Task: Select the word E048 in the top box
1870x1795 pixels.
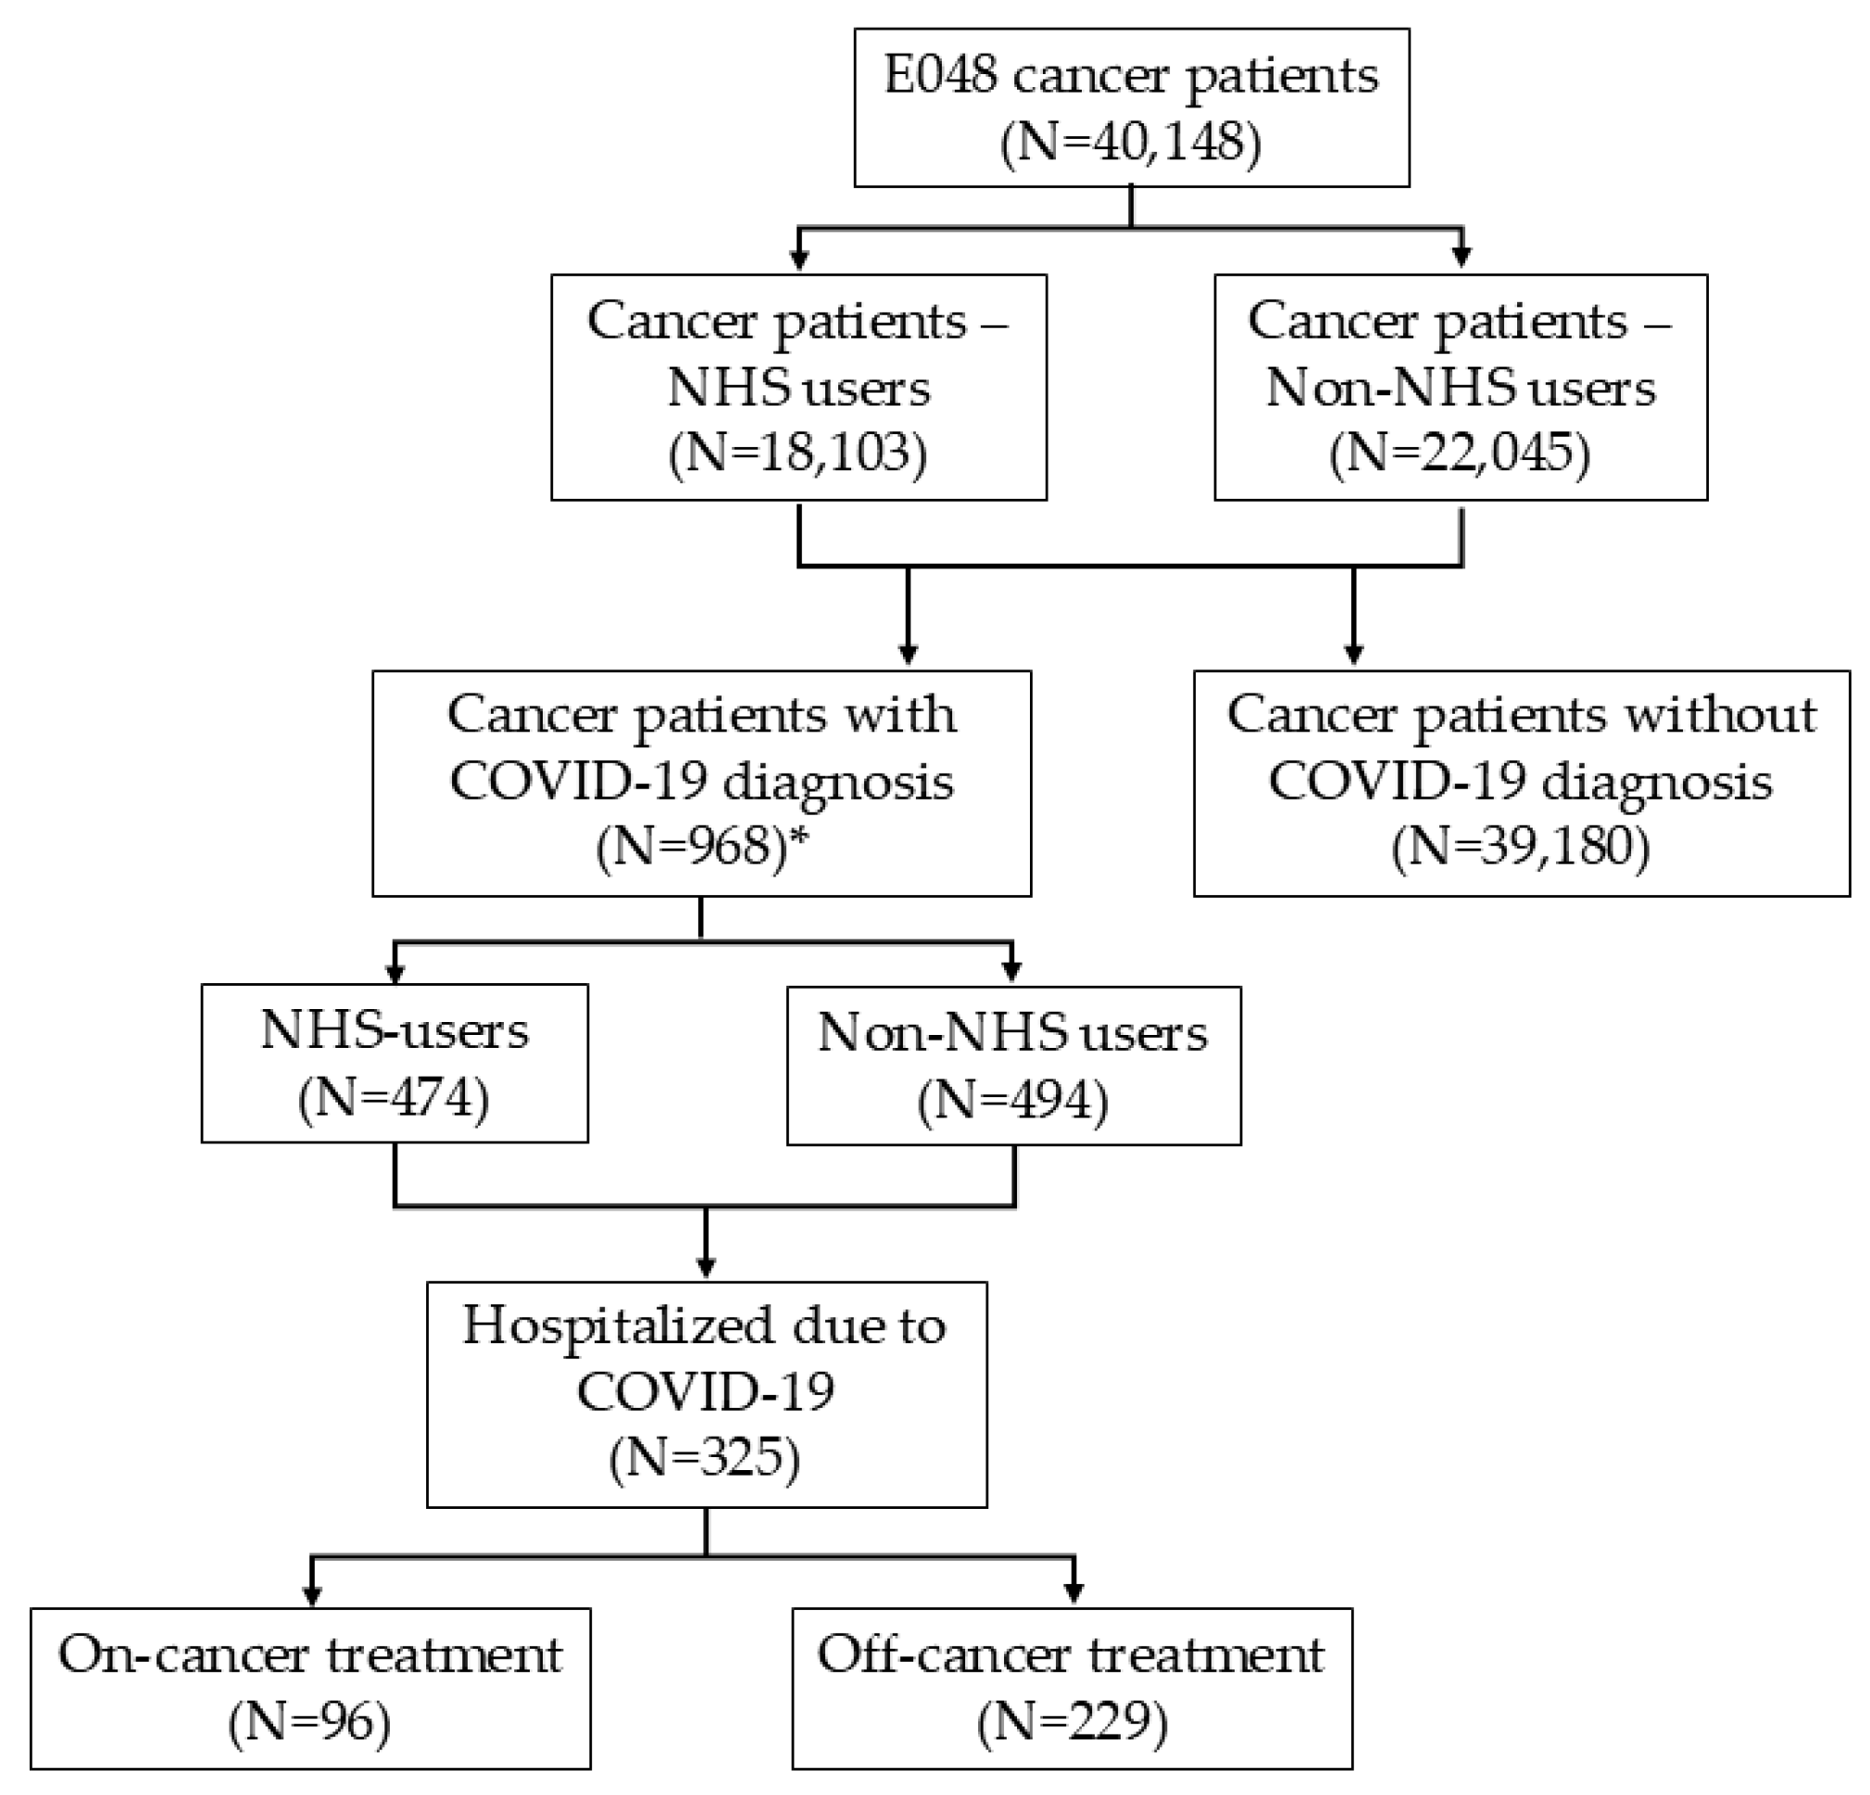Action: [940, 75]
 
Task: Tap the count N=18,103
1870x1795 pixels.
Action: [797, 452]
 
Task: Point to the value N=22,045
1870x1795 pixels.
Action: [1460, 452]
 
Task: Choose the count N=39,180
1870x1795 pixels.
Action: [1521, 846]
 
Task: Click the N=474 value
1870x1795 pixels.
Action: [394, 1098]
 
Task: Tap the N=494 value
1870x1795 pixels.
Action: [1013, 1100]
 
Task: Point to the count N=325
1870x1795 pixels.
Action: [705, 1457]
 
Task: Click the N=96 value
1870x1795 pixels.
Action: [310, 1723]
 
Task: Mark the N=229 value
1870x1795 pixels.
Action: [1073, 1723]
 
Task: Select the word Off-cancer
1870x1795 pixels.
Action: [945, 1656]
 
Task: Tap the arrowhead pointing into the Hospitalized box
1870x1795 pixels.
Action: [706, 1268]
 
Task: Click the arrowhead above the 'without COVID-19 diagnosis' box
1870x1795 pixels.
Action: [1353, 655]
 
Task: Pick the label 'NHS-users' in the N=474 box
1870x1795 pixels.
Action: [394, 1031]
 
